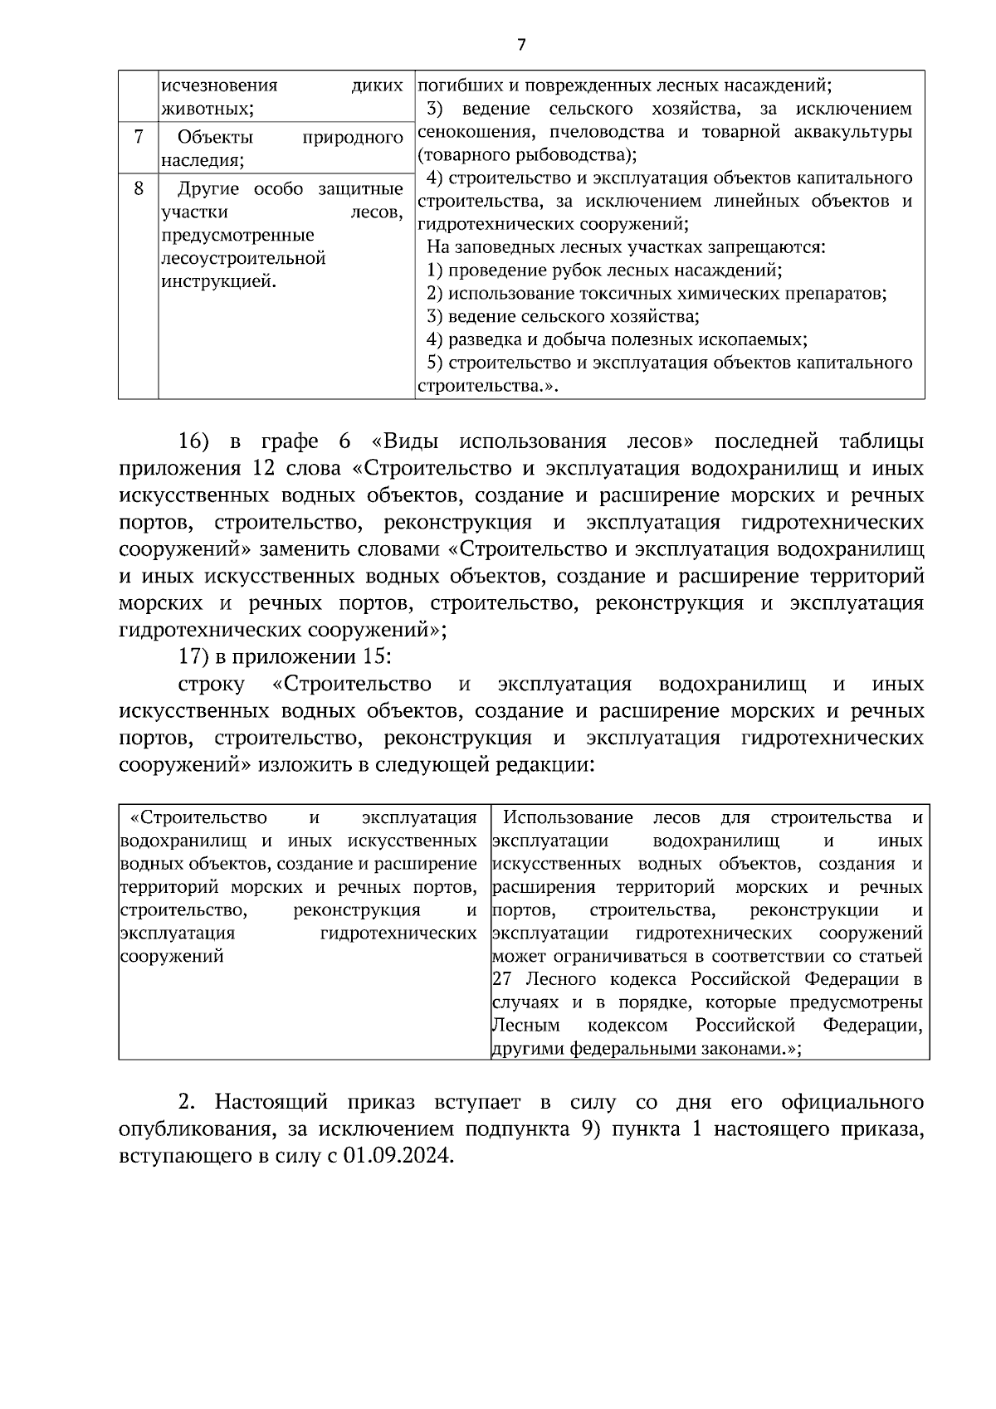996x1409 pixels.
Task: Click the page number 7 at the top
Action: point(521,45)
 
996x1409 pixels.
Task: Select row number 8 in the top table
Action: point(139,188)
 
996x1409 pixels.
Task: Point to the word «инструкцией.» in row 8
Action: point(219,281)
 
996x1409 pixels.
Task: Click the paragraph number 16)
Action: point(198,441)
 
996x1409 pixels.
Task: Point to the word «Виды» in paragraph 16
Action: point(408,441)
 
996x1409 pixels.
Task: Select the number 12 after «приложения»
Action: point(258,468)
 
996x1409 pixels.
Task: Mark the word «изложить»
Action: point(305,764)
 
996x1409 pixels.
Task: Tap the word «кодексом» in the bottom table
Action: point(627,1025)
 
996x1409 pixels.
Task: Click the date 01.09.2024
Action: point(398,1156)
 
